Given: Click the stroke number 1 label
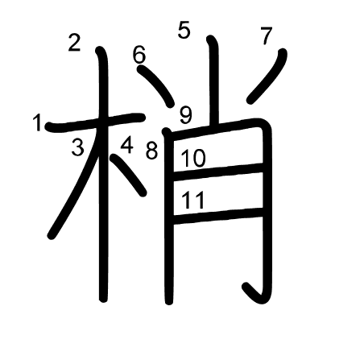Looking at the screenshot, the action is tap(37, 122).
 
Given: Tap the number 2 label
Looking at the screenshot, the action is tap(74, 43).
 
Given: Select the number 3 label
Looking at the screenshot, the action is tap(78, 147).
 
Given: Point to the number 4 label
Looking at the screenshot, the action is tap(127, 145).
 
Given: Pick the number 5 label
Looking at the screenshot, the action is tap(184, 30).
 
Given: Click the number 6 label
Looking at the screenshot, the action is tap(139, 55).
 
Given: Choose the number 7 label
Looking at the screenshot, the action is tap(267, 35).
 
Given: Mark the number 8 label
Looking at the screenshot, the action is tap(152, 151).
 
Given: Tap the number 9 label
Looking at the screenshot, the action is tap(186, 115).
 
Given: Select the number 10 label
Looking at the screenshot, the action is tap(193, 159).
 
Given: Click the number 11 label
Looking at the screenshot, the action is tap(193, 200).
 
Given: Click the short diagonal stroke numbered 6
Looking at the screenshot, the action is tap(156, 86).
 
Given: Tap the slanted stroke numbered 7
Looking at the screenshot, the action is tap(267, 77).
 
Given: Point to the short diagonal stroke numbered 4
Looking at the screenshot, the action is tap(129, 175).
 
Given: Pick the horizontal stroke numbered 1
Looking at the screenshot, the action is tap(96, 122).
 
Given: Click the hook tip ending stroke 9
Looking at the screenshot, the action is tap(246, 286).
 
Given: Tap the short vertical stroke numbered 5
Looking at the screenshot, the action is tap(213, 81).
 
